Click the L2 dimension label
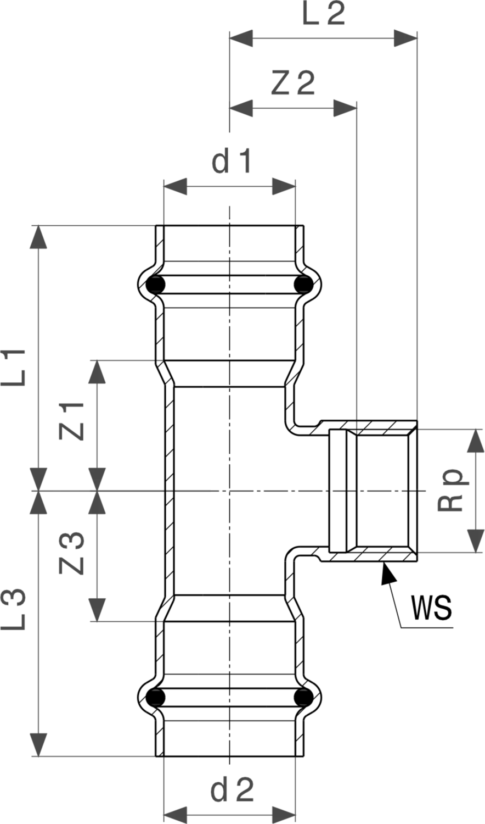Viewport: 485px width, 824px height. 323,14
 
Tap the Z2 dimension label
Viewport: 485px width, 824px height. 293,83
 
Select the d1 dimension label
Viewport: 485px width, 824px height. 231,161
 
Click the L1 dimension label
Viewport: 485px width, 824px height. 14,368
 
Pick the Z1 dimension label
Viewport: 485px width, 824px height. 72,421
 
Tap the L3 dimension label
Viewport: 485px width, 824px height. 14,609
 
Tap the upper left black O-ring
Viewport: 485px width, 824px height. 155,285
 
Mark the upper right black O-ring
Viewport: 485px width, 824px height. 304,285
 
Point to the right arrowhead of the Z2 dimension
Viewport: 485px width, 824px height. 345,109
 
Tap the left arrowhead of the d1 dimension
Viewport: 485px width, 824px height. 175,187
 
